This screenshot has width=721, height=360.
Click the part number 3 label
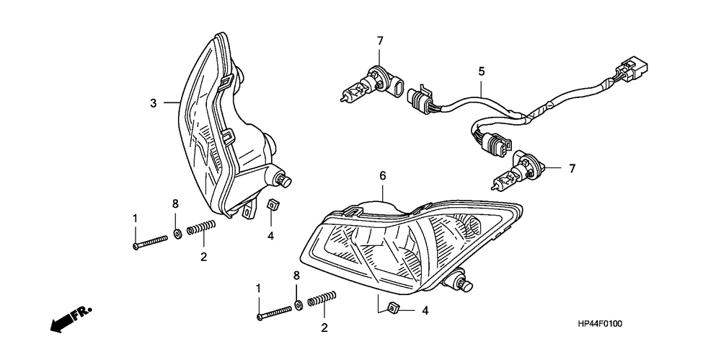pyautogui.click(x=154, y=103)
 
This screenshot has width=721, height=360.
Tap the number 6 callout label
pyautogui.click(x=383, y=176)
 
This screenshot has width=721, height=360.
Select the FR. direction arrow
pyautogui.click(x=70, y=318)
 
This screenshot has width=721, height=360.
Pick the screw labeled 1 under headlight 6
pyautogui.click(x=275, y=312)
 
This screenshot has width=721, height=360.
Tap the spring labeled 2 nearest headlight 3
pyautogui.click(x=201, y=229)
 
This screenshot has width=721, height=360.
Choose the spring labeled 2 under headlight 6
pyautogui.click(x=323, y=299)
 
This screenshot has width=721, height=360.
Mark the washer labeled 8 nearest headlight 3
pyautogui.click(x=177, y=234)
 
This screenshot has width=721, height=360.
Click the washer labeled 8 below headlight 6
pyautogui.click(x=298, y=306)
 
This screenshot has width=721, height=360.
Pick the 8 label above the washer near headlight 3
pyautogui.click(x=174, y=205)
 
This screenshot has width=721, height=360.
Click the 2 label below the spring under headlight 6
pyautogui.click(x=324, y=328)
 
